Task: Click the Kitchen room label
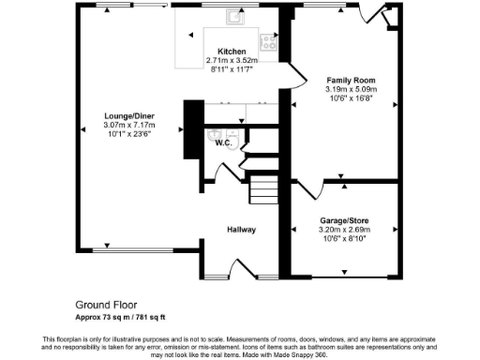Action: click(x=232, y=52)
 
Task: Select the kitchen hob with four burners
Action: click(x=267, y=41)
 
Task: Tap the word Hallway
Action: click(x=241, y=230)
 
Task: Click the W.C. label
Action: click(x=223, y=143)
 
